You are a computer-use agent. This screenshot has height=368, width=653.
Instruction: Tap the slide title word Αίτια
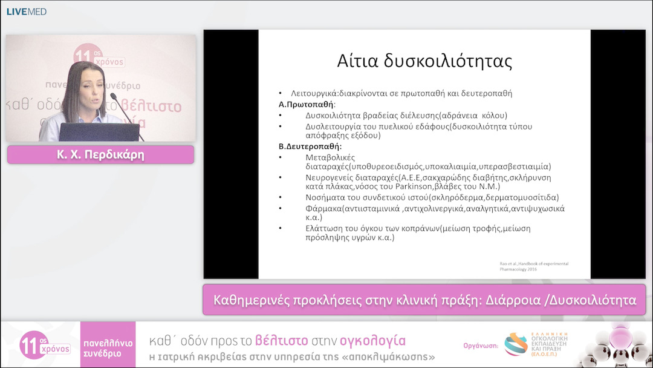tap(359, 62)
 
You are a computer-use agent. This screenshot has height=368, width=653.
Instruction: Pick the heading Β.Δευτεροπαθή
tap(306, 146)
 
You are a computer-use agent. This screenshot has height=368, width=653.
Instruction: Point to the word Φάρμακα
tap(323, 208)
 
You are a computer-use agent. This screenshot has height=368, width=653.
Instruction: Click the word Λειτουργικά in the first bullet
tap(315, 94)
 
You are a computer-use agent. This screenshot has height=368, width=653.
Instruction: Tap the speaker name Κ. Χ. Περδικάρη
tap(100, 155)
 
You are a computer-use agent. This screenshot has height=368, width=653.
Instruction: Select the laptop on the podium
tap(99, 131)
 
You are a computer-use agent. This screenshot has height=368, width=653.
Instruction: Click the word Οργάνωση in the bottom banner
tap(481, 346)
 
